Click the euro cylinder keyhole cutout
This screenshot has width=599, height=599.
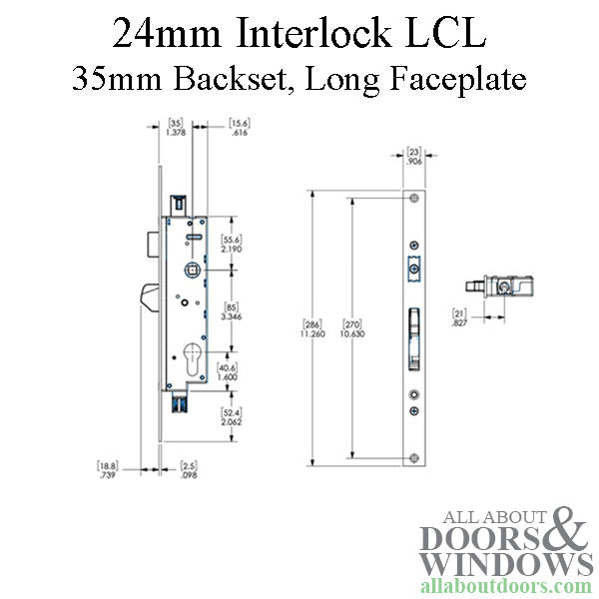[x=195, y=358]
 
